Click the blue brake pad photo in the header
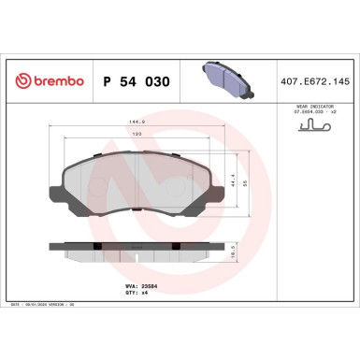point(228,80)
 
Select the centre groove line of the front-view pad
point(139,184)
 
